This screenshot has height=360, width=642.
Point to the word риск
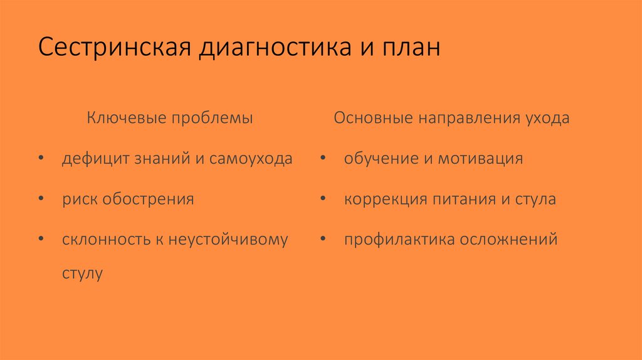click(x=79, y=199)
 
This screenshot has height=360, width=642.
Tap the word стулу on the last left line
click(x=82, y=274)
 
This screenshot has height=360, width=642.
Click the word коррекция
click(x=385, y=199)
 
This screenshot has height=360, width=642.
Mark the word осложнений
click(x=512, y=240)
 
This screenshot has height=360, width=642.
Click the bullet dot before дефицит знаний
click(x=41, y=159)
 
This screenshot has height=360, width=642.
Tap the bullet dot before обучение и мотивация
click(x=322, y=159)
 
